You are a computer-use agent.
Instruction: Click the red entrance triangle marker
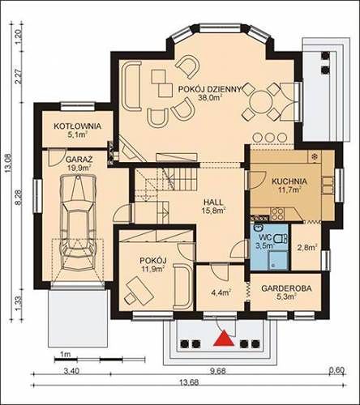pyautogui.click(x=224, y=339)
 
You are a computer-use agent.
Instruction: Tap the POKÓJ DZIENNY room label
pyautogui.click(x=209, y=89)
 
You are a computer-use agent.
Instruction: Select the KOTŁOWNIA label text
pyautogui.click(x=78, y=126)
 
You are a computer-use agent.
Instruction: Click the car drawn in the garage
pyautogui.click(x=78, y=222)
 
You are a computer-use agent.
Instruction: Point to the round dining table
pyautogui.click(x=260, y=101)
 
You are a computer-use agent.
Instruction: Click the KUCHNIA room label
pyautogui.click(x=289, y=181)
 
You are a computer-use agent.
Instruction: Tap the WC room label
pyautogui.click(x=264, y=237)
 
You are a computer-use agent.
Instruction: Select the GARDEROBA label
pyautogui.click(x=286, y=288)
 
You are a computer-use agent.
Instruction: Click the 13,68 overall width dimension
pyautogui.click(x=189, y=382)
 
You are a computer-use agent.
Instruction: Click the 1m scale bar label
pyautogui.click(x=65, y=354)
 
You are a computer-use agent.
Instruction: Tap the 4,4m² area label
pyautogui.click(x=221, y=292)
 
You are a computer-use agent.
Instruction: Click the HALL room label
pyautogui.click(x=213, y=202)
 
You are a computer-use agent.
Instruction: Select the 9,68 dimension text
pyautogui.click(x=218, y=371)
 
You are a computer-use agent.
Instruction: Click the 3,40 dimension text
pyautogui.click(x=71, y=372)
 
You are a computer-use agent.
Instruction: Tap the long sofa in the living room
pyautogui.click(x=131, y=86)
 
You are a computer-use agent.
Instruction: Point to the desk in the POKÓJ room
pyautogui.click(x=139, y=289)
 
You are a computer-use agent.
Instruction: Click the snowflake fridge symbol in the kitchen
pyautogui.click(x=315, y=156)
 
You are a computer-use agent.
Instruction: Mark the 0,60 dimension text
pyautogui.click(x=336, y=371)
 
